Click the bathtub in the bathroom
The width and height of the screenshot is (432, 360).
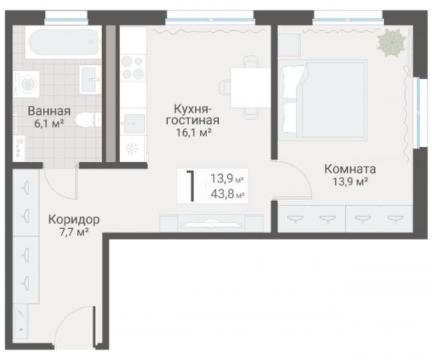coord(62,43)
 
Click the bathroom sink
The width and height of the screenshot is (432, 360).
coord(90,74)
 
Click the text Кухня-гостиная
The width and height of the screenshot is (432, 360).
coord(193,114)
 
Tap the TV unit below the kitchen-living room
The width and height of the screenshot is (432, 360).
coord(211,223)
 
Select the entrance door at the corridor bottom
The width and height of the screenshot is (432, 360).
coord(79,330)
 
